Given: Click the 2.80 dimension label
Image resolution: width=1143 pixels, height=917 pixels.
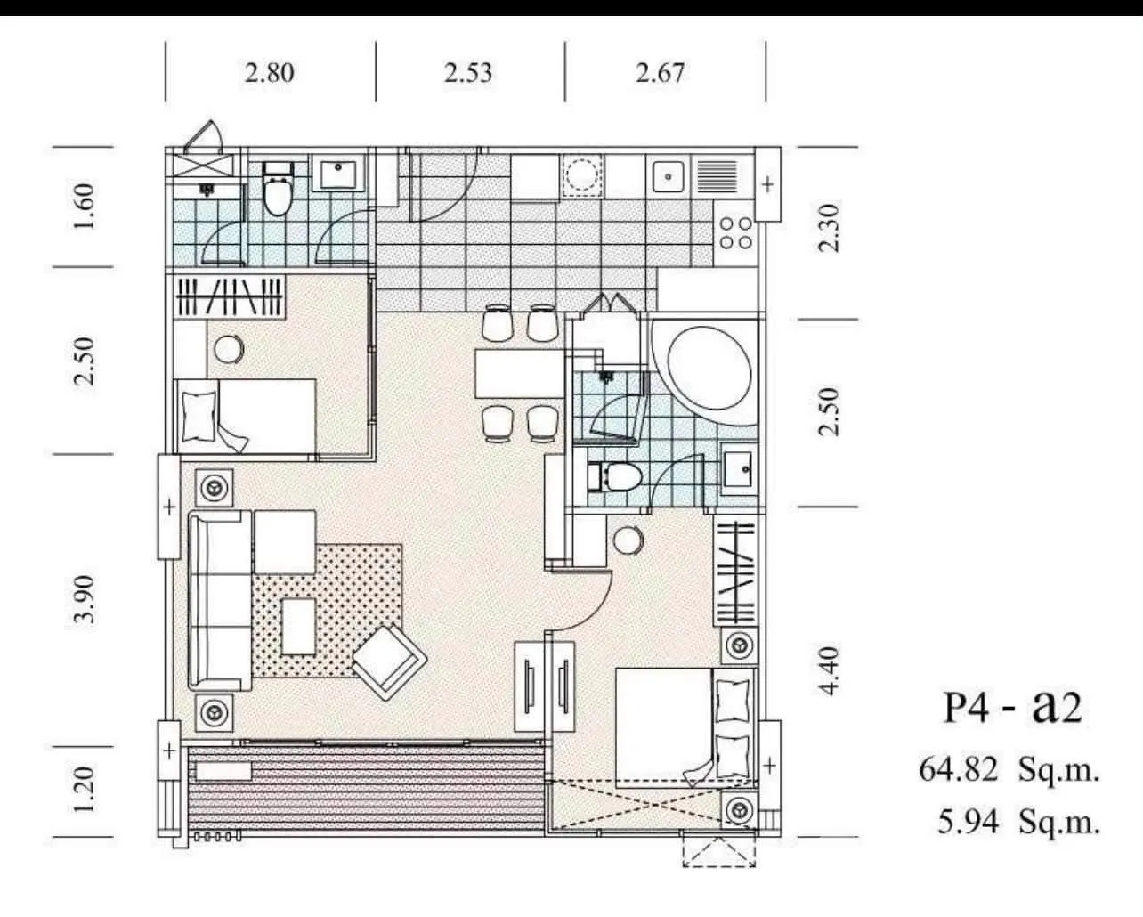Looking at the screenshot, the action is tap(270, 73).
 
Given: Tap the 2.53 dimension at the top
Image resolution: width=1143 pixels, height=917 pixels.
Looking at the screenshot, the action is tap(468, 73).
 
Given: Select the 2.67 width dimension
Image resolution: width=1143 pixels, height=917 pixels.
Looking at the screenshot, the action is tap(661, 73).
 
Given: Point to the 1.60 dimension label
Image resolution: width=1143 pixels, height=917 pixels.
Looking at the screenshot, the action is tap(85, 207).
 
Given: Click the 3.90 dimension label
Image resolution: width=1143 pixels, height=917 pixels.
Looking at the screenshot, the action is tap(85, 599).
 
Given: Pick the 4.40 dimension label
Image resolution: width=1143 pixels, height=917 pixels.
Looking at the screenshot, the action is tap(829, 671).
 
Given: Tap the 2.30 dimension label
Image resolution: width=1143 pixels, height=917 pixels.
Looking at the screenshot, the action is tap(829, 227).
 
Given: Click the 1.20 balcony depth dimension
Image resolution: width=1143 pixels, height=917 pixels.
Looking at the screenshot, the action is tap(85, 790).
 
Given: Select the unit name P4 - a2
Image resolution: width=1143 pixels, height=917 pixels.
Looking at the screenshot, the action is tap(1013, 708).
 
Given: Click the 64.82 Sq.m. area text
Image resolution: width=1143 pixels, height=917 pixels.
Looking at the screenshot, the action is tap(1009, 769).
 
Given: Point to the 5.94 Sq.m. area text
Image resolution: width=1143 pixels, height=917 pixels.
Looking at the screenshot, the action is tap(1018, 822).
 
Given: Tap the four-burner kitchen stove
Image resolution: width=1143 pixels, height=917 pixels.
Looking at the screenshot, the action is tap(735, 232).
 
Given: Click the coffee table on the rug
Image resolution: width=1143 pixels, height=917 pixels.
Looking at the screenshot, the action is tap(298, 627).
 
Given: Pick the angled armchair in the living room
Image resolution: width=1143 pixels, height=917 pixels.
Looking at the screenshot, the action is tap(389, 662).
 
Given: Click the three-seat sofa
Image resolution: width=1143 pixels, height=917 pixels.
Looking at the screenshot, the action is tap(220, 600).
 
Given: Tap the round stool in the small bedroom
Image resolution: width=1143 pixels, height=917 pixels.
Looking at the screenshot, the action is tap(229, 349).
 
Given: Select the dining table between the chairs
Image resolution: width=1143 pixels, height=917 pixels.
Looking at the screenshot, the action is tap(520, 374).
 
